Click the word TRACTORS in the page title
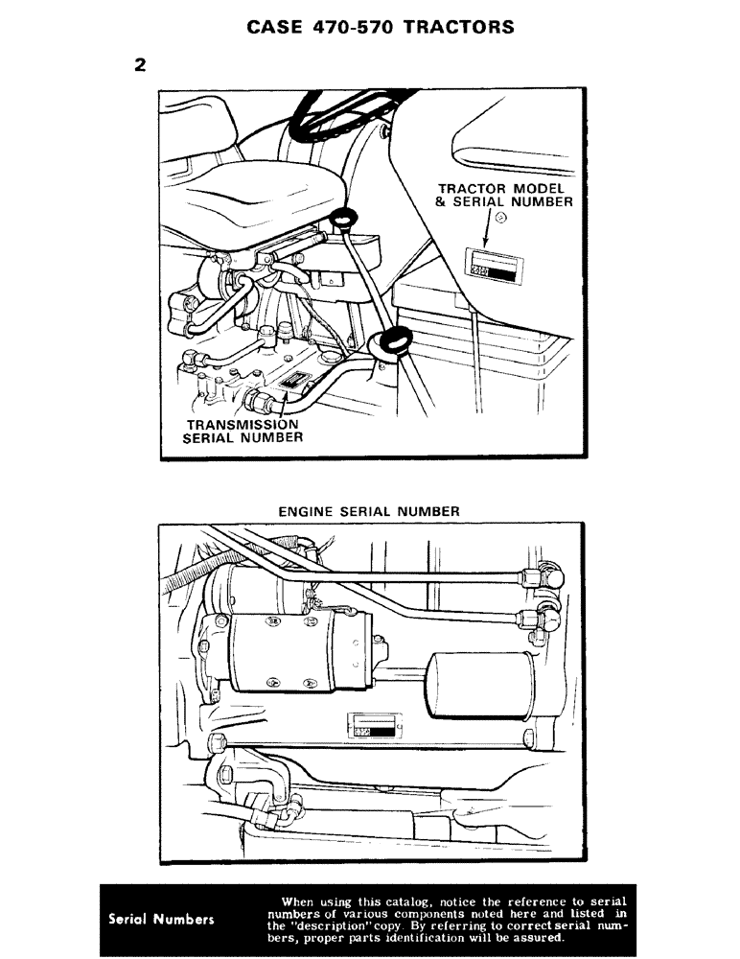click(x=458, y=27)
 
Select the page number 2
click(x=141, y=66)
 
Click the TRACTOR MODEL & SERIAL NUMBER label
click(x=505, y=195)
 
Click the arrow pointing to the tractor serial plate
click(x=486, y=230)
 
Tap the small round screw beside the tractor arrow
click(x=500, y=227)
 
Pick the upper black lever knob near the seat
click(x=341, y=219)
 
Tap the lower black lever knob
click(x=393, y=341)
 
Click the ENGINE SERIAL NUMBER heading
click(x=369, y=511)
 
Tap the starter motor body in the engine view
click(x=297, y=652)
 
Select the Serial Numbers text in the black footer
click(x=160, y=919)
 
